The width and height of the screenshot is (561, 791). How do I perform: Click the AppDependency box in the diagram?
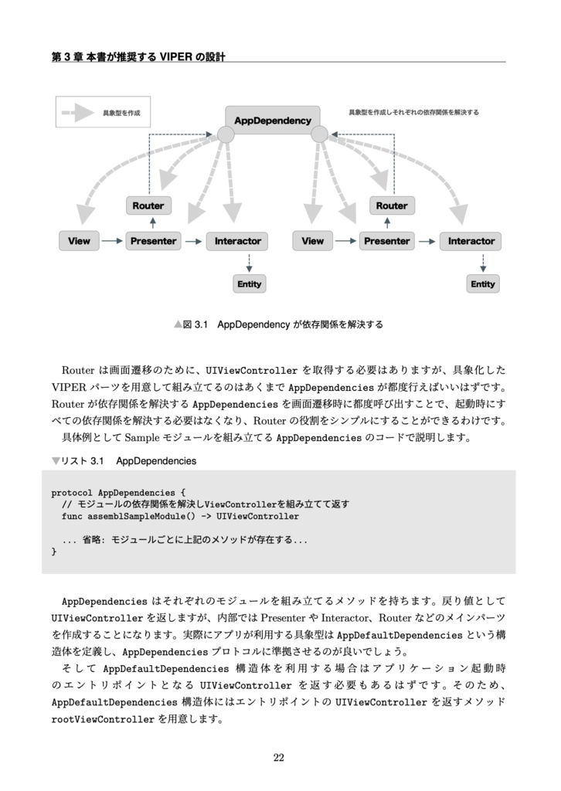click(272, 120)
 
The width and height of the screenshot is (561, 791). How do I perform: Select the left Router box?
click(148, 205)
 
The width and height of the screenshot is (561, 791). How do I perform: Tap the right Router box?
click(391, 205)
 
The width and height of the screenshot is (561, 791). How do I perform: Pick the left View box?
click(79, 241)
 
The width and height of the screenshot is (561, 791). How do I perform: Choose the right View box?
click(313, 241)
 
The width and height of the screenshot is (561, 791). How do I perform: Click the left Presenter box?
click(153, 241)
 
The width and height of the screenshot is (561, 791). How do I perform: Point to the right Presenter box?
click(386, 241)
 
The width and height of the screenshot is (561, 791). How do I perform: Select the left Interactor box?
click(238, 241)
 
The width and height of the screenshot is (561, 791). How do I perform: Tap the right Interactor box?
click(471, 241)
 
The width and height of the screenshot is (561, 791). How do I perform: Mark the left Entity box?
click(249, 284)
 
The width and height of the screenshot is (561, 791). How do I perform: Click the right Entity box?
click(483, 284)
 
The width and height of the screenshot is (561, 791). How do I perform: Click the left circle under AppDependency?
click(225, 134)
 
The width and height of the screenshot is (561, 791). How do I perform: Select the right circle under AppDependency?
click(319, 134)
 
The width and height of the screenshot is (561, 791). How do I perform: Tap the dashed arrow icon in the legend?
click(79, 114)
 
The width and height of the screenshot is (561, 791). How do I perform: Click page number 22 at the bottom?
click(279, 758)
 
